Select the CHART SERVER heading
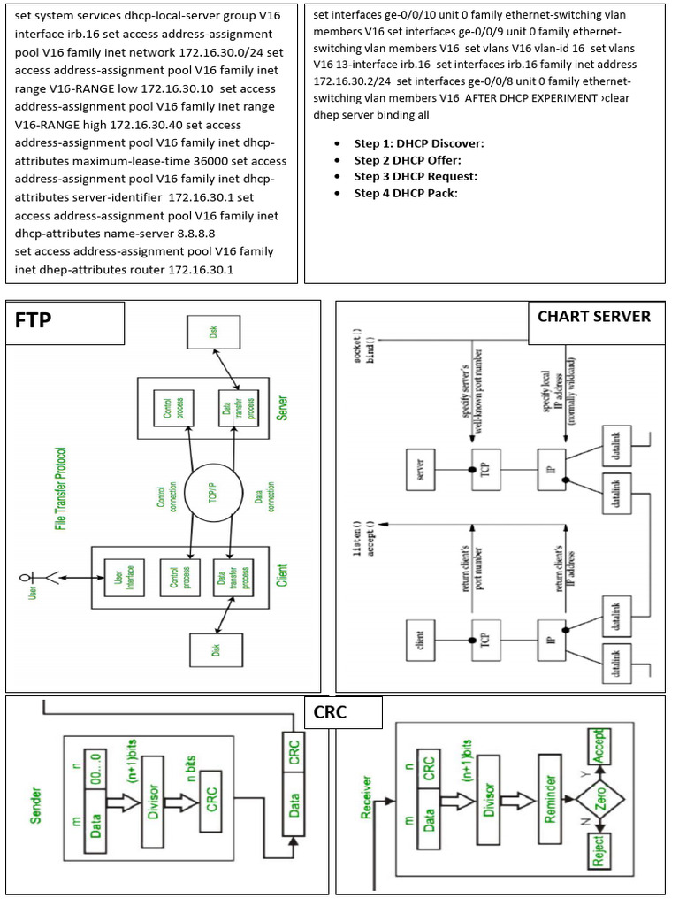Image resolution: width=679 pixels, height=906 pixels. click(x=593, y=317)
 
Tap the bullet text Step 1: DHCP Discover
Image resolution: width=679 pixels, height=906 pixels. click(x=419, y=143)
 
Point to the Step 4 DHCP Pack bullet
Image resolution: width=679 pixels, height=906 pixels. click(x=406, y=193)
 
